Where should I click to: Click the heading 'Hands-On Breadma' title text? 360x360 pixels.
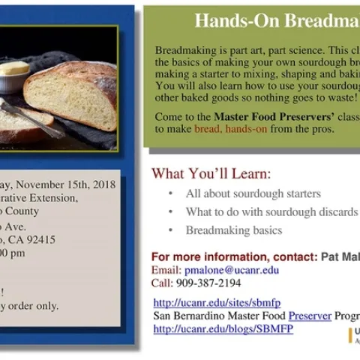[276, 21]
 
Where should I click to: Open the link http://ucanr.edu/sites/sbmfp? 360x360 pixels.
[217, 303]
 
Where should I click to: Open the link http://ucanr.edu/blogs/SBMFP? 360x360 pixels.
[223, 328]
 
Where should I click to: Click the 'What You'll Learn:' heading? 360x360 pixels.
[211, 174]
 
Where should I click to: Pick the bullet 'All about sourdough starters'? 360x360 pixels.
[253, 193]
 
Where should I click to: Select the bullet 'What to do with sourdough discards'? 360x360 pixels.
[271, 212]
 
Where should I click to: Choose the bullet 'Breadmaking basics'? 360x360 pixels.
[234, 230]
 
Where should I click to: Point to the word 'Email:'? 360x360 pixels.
[166, 270]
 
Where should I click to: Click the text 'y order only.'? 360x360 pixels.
[30, 305]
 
